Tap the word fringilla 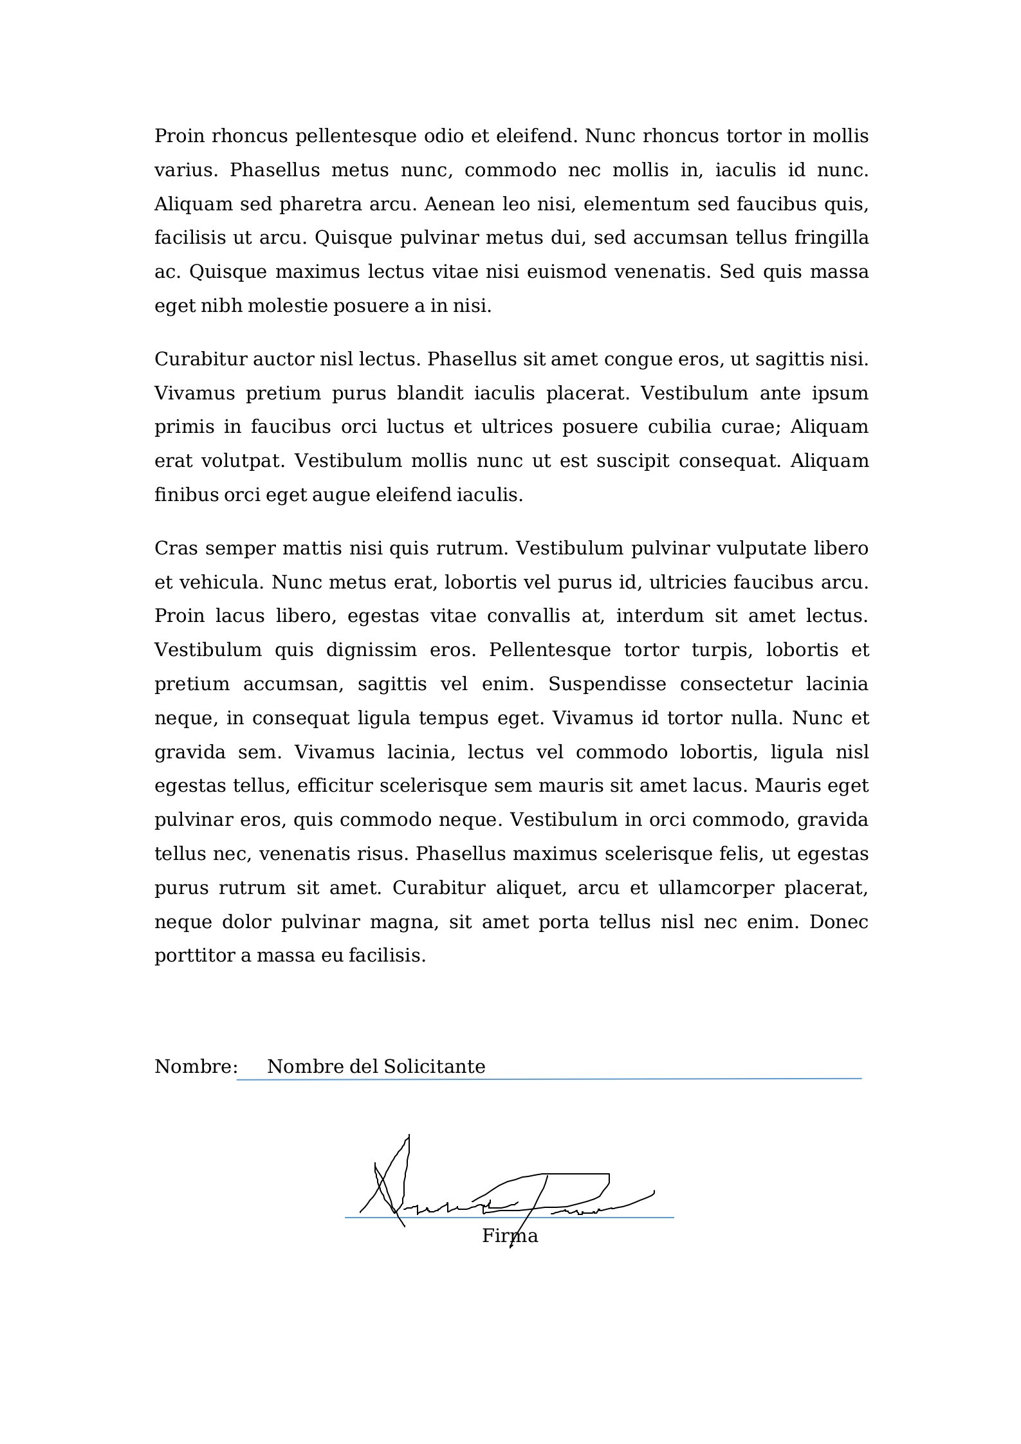[831, 238]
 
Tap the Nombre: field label [196, 1067]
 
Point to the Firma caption [510, 1236]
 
